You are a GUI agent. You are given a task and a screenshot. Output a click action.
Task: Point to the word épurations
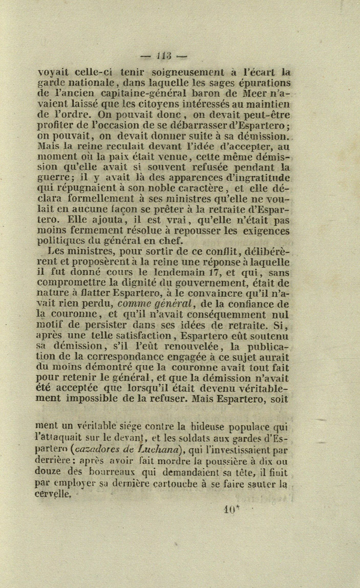point(265,83)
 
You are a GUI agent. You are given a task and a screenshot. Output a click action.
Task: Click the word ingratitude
point(258,178)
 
